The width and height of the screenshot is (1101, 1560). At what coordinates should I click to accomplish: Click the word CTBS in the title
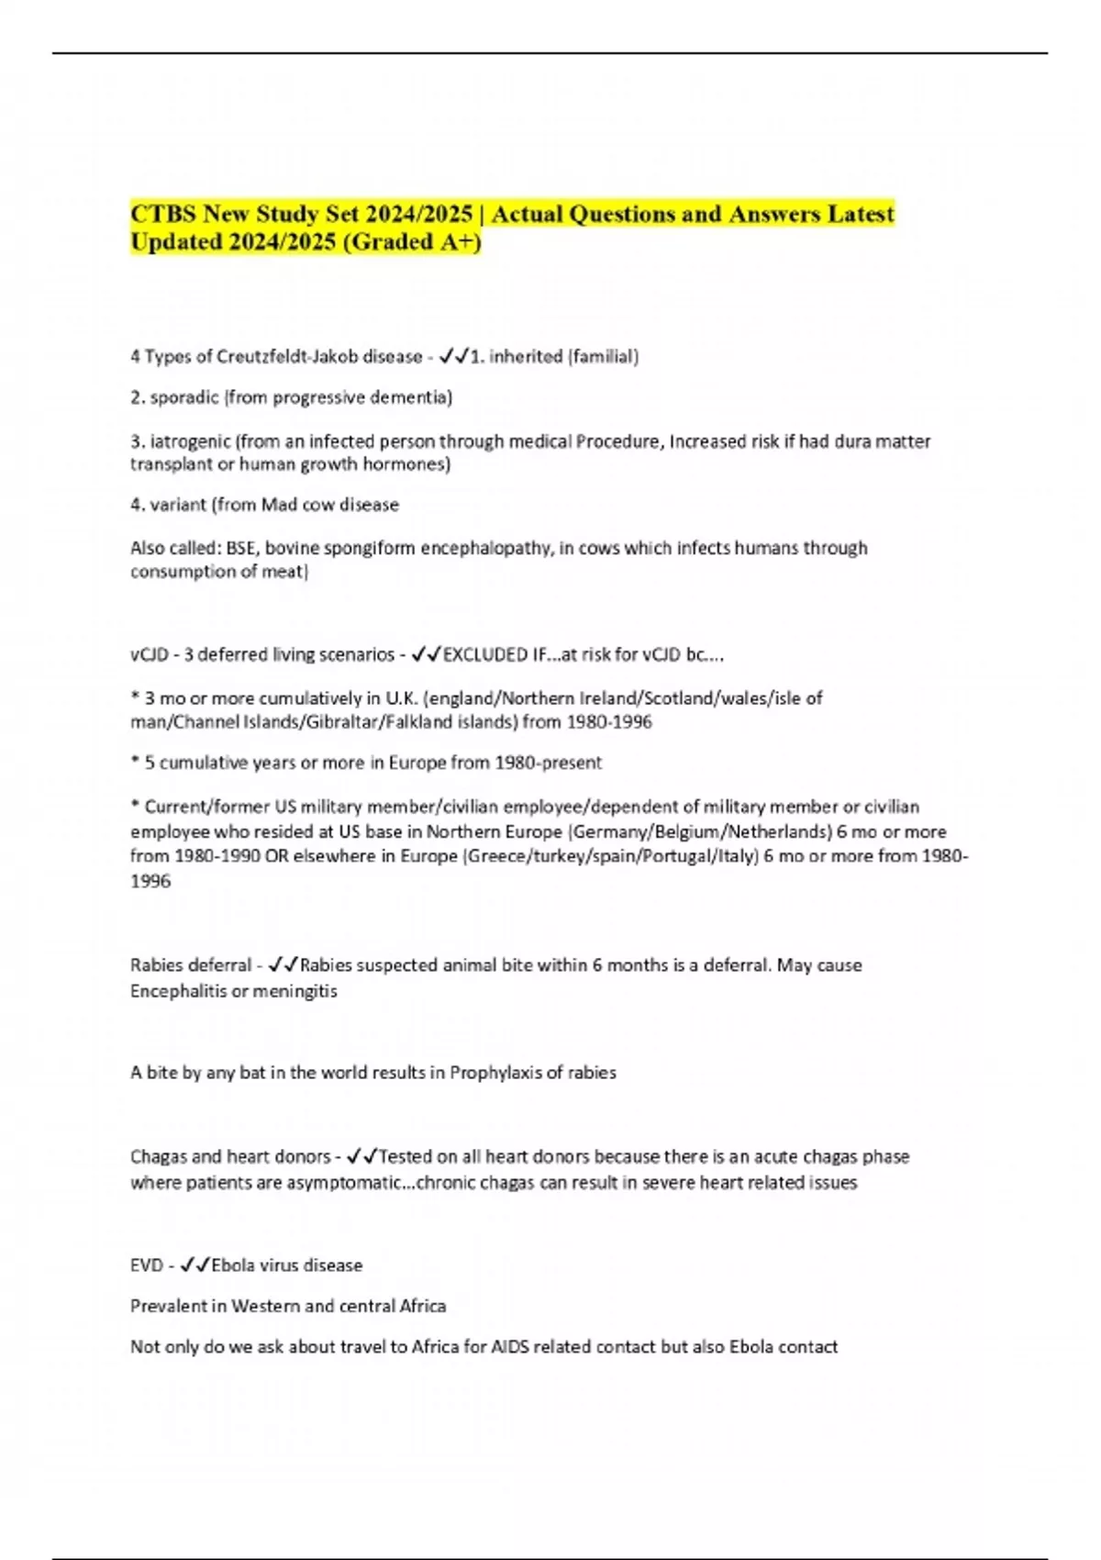(162, 214)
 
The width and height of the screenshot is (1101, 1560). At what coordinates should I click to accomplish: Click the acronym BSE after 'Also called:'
(241, 548)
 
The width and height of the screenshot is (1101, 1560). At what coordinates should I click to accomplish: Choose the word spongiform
(372, 548)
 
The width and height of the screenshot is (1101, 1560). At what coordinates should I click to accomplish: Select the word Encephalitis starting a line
(175, 991)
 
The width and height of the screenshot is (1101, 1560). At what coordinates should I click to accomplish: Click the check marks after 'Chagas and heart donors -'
(362, 1156)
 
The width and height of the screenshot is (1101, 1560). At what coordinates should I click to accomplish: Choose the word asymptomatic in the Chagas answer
(344, 1182)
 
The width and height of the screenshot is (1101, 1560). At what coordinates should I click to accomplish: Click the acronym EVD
(147, 1265)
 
